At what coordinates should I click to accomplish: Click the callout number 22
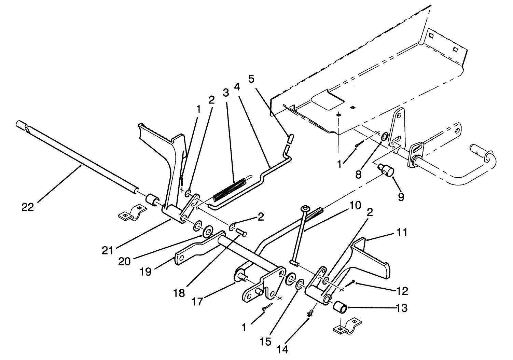pyautogui.click(x=28, y=207)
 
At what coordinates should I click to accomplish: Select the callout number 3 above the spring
pyautogui.click(x=225, y=93)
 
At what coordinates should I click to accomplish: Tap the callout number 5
pyautogui.click(x=251, y=80)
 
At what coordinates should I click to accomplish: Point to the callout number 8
pyautogui.click(x=358, y=175)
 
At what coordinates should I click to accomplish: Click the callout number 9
pyautogui.click(x=401, y=197)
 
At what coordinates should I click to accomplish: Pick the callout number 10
pyautogui.click(x=355, y=206)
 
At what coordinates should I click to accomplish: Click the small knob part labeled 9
pyautogui.click(x=385, y=169)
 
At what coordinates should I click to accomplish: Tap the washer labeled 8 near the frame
pyautogui.click(x=384, y=137)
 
